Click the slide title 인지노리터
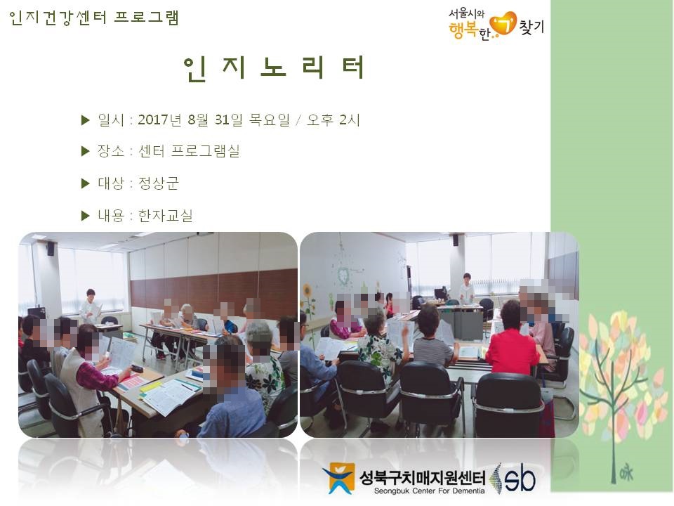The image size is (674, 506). [x=275, y=68]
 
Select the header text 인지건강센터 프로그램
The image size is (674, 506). [x=93, y=18]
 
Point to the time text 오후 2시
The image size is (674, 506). [x=333, y=119]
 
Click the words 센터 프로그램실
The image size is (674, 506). [x=189, y=151]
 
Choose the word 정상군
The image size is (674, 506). [x=158, y=183]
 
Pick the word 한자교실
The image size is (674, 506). [x=166, y=215]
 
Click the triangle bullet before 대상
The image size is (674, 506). [x=85, y=183]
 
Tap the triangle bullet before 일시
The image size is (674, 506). [x=85, y=120]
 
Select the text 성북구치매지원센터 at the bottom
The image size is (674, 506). [x=423, y=477]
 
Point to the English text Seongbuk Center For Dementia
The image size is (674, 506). [x=429, y=491]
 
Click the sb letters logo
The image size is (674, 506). [x=520, y=479]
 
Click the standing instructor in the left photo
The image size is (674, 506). [x=91, y=307]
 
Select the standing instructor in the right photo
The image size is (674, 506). [x=466, y=288]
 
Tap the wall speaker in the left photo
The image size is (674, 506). [x=51, y=249]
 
